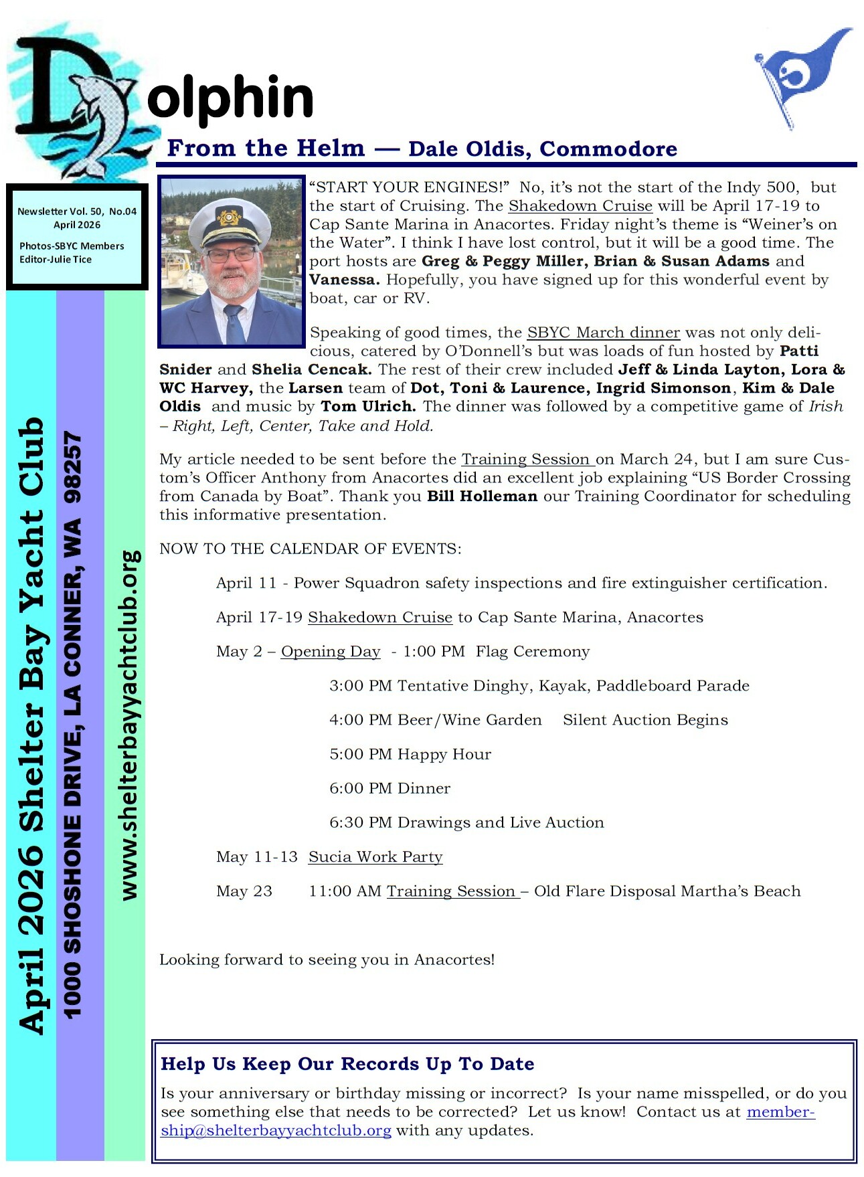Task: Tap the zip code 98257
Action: pos(72,466)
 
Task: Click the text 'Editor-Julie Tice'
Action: pos(56,260)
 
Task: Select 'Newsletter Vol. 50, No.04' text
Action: pos(77,211)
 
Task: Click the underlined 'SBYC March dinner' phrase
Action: pos(603,333)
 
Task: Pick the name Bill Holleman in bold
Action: pos(482,496)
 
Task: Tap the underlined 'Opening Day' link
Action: pos(331,652)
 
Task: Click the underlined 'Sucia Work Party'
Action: pos(375,857)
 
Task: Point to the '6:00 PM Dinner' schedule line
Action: pos(390,788)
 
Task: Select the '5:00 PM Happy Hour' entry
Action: pos(410,754)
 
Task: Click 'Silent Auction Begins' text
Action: pos(645,720)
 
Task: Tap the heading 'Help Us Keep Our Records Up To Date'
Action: pos(347,1064)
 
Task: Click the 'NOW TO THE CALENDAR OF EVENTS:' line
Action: pos(310,549)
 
